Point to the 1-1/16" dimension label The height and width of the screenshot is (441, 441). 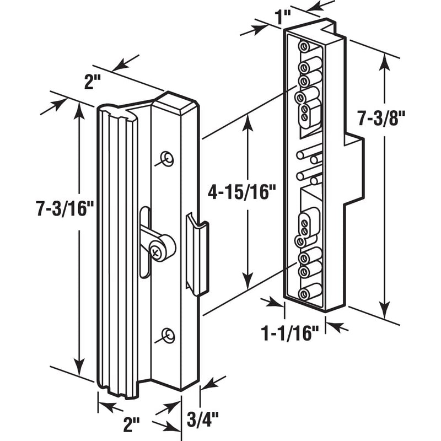pyautogui.click(x=290, y=333)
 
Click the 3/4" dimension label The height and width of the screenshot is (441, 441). pyautogui.click(x=203, y=419)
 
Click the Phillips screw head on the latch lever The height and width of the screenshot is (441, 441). pyautogui.click(x=155, y=251)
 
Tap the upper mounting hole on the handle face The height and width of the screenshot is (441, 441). pyautogui.click(x=167, y=159)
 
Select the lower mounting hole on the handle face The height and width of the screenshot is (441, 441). pyautogui.click(x=168, y=335)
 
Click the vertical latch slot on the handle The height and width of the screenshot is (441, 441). pyautogui.click(x=144, y=243)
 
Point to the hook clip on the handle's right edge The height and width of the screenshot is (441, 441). pyautogui.click(x=197, y=254)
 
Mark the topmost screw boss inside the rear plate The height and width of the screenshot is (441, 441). pyautogui.click(x=304, y=47)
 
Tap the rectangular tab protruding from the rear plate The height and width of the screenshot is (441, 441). pyautogui.click(x=353, y=169)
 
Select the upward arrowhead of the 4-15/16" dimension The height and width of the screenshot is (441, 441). pyautogui.click(x=248, y=123)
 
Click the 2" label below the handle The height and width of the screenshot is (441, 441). pyautogui.click(x=132, y=424)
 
